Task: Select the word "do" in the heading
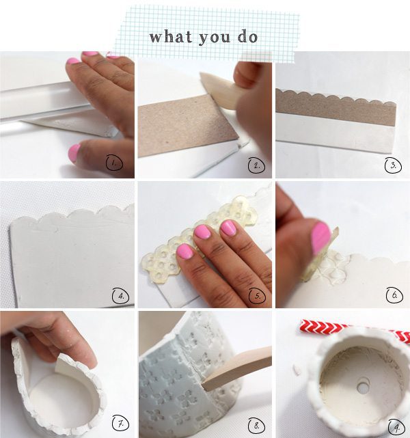247,37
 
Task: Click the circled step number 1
114,163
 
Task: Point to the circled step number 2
256,165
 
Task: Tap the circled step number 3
393,165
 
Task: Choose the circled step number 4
121,296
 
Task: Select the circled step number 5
258,296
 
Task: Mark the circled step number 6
394,295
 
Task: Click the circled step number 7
121,424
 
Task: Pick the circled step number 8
257,426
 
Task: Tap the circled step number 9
396,427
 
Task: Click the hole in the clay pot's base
363,387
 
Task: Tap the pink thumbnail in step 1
74,152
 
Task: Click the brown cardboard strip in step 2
188,125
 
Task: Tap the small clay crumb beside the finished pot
297,370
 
